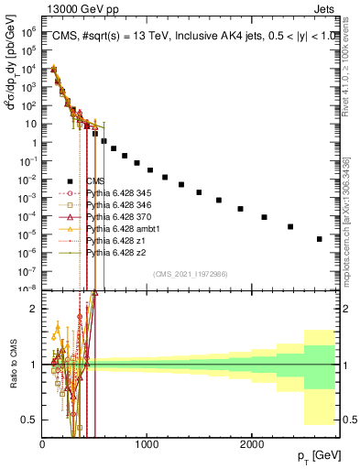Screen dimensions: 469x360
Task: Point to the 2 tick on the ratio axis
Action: pyautogui.click(x=34, y=308)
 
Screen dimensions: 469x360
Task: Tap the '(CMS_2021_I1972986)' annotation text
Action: pyautogui.click(x=189, y=274)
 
